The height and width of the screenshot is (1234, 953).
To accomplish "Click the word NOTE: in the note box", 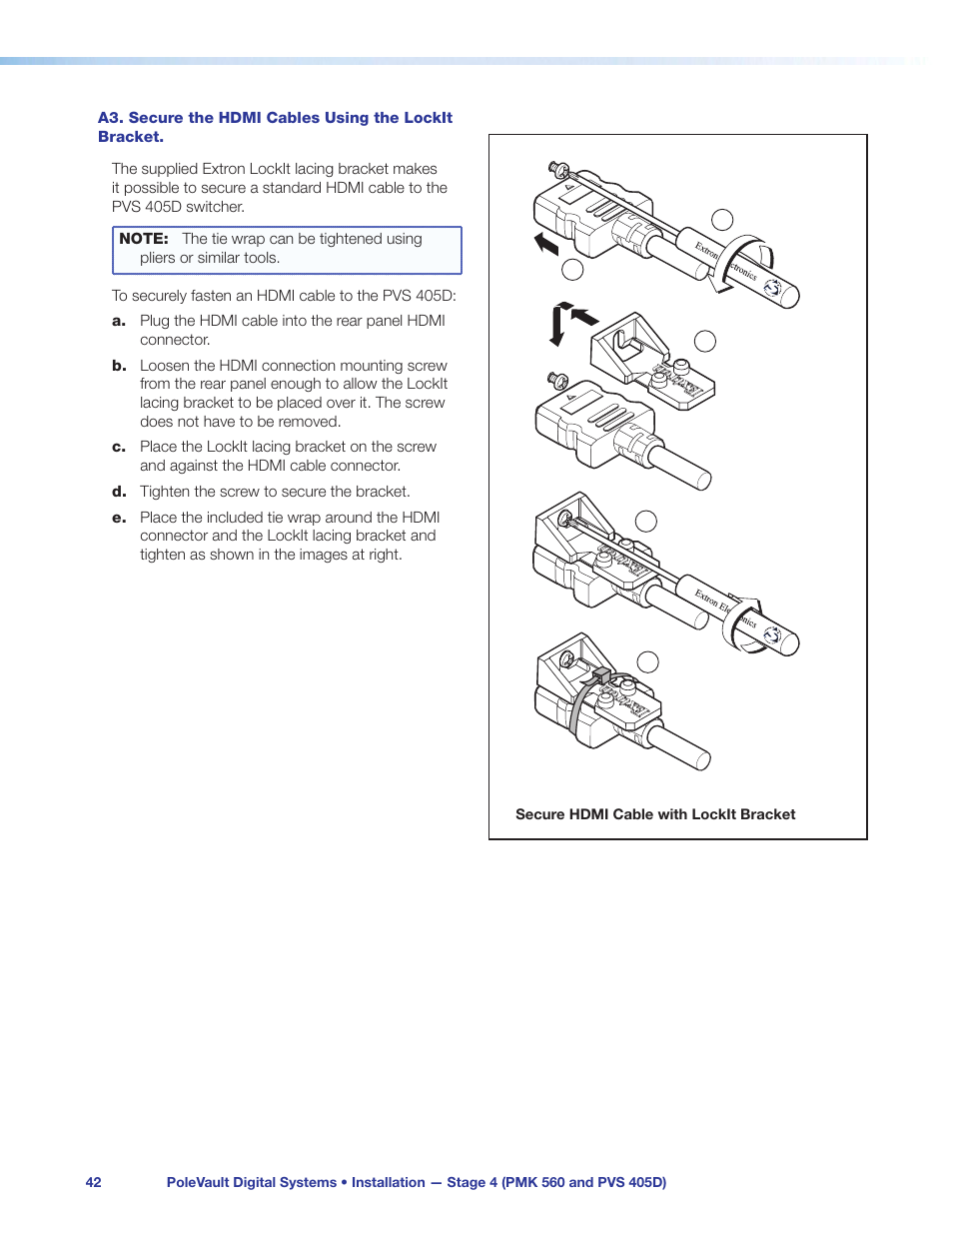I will [x=143, y=239].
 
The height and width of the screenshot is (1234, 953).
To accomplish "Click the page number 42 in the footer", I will [x=93, y=1182].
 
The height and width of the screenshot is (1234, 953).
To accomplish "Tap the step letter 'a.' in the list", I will [x=119, y=321].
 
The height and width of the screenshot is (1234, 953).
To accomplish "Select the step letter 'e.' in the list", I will [x=119, y=518].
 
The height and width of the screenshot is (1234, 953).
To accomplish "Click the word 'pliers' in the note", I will [x=157, y=258].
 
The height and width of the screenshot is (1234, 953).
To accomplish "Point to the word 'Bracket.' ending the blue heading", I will [x=131, y=137].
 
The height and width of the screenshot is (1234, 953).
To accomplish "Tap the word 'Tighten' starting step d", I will [x=165, y=492].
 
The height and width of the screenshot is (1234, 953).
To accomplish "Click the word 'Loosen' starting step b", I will [x=165, y=366].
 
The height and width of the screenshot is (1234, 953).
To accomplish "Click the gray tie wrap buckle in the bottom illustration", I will [x=601, y=676].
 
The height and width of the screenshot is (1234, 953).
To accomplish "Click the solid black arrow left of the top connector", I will [x=545, y=243].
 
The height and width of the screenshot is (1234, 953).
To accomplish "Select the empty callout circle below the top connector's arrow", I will [x=572, y=269].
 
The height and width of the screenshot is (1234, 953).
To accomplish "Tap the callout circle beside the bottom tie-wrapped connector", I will [x=648, y=661].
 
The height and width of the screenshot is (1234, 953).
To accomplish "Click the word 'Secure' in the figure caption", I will [x=539, y=814].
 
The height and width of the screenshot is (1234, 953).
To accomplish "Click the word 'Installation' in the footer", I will [x=388, y=1182].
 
